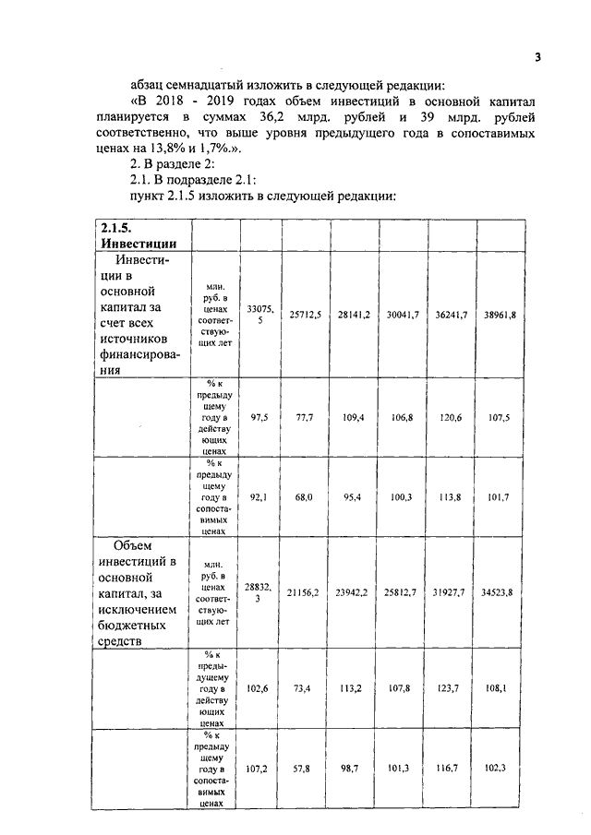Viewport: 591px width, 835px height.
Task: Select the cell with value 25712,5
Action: point(305,315)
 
